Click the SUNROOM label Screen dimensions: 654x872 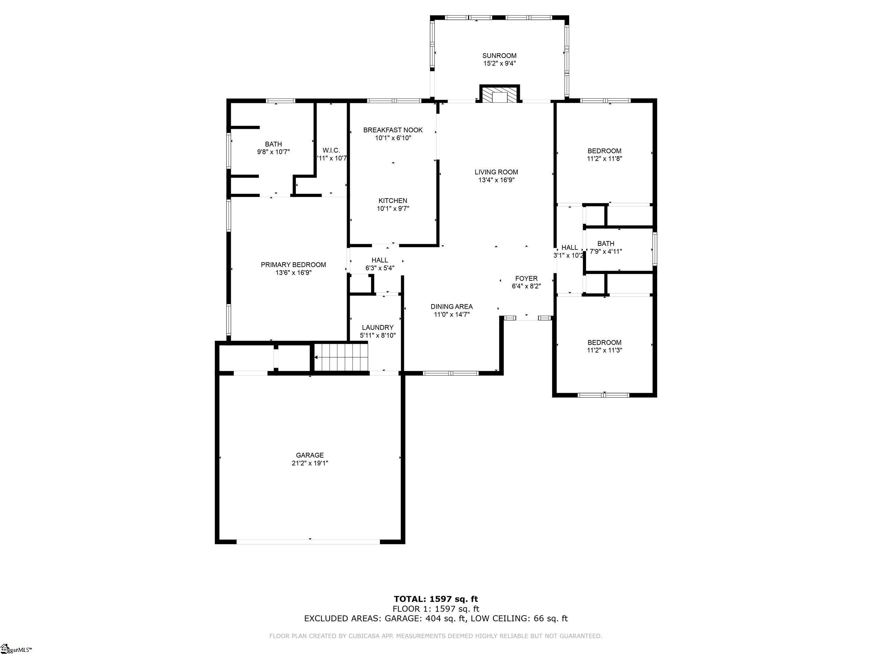pyautogui.click(x=499, y=56)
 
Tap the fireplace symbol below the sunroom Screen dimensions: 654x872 pyautogui.click(x=500, y=95)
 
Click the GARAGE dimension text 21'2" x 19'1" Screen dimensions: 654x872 pyautogui.click(x=310, y=463)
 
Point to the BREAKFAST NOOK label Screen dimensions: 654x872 pyautogui.click(x=393, y=130)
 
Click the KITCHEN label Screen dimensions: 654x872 pyautogui.click(x=393, y=201)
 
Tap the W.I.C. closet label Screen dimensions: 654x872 pyautogui.click(x=331, y=151)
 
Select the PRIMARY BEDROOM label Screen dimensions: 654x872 pyautogui.click(x=293, y=265)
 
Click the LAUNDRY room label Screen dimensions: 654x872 pyautogui.click(x=378, y=328)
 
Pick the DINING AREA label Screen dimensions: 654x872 pyautogui.click(x=451, y=307)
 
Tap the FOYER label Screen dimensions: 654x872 pyautogui.click(x=526, y=279)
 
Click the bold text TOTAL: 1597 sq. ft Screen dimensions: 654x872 pyautogui.click(x=436, y=600)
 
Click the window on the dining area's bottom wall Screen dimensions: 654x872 pyautogui.click(x=450, y=373)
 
